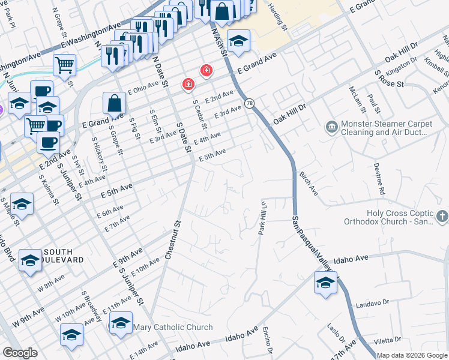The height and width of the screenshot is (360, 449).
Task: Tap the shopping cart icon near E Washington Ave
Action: [x=64, y=64]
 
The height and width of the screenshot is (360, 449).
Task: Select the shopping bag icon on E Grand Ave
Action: [x=114, y=103]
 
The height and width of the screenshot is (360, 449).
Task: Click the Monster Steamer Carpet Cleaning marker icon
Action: [x=331, y=127]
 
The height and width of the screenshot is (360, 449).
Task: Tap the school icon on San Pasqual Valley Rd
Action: [x=325, y=282]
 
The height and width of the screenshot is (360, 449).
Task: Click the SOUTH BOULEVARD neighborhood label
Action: [x=58, y=256]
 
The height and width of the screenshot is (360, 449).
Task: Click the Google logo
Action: [x=20, y=353]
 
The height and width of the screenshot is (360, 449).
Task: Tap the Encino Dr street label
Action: [x=268, y=340]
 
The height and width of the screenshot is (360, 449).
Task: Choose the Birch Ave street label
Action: [x=308, y=182]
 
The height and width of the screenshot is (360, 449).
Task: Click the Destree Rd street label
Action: [x=379, y=179]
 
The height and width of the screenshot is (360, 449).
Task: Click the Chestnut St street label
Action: [x=172, y=241]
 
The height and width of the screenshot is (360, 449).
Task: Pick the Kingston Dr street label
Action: [x=402, y=67]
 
